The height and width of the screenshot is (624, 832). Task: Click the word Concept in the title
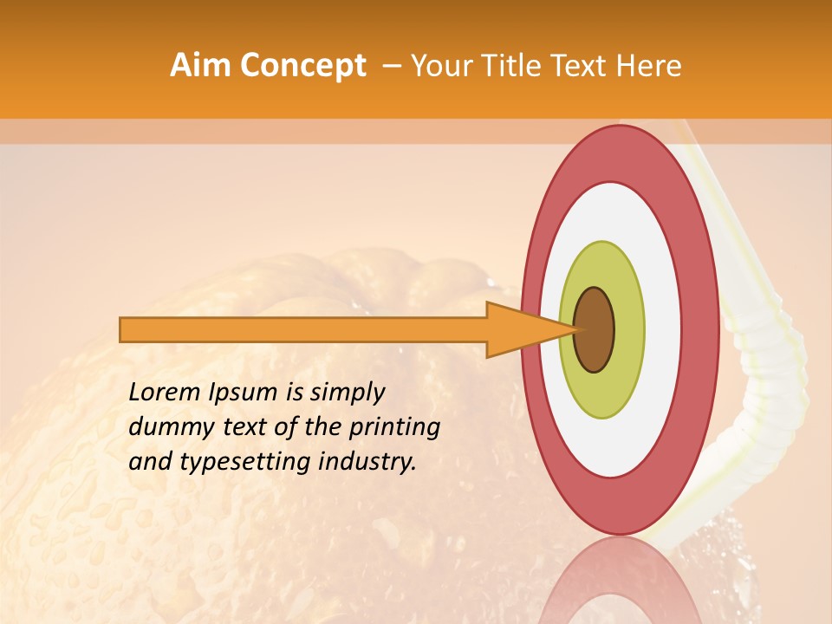point(302,66)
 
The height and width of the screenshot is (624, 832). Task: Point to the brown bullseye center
point(594,329)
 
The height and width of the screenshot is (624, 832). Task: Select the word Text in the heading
point(582,66)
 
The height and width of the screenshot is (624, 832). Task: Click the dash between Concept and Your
point(391,66)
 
